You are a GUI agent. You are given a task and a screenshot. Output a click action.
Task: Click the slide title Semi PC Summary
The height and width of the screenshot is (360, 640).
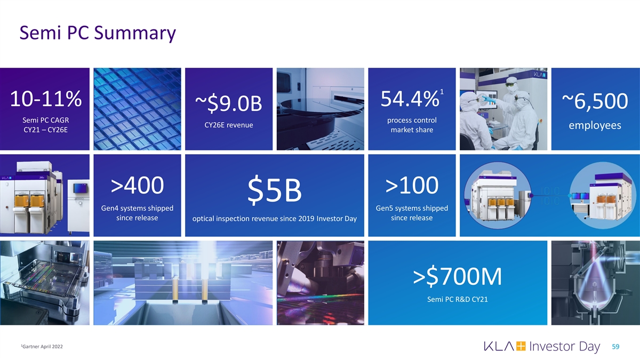point(98,34)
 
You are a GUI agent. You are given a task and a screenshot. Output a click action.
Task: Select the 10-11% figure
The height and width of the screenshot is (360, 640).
point(46,99)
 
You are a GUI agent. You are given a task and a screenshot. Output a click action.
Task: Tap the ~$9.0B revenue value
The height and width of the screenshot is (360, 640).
point(229,103)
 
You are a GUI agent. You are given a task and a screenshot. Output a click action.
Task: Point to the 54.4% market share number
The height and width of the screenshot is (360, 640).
point(410,99)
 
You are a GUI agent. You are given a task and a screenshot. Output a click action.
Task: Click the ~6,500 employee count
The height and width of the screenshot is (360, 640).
point(595,101)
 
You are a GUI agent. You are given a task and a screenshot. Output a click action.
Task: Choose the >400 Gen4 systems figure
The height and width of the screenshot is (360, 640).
point(137,185)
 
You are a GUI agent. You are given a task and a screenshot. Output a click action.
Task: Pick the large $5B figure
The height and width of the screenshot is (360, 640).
point(274,190)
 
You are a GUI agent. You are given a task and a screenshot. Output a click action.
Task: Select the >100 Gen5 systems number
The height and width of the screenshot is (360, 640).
point(412,185)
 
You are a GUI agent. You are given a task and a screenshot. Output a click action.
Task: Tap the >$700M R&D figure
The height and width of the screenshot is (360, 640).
point(458,276)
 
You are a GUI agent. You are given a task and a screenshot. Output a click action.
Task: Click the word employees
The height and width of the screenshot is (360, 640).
point(595,125)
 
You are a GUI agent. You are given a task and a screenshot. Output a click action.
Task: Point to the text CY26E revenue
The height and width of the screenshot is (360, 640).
point(229,125)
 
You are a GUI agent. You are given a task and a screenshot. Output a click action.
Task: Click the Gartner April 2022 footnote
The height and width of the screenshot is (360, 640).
point(42,347)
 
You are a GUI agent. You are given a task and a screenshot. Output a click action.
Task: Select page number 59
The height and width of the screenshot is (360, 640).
point(615,347)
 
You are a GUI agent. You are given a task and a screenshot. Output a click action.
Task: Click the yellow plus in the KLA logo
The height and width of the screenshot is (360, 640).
point(521,346)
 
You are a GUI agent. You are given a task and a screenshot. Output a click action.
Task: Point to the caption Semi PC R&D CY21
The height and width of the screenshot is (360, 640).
point(458,299)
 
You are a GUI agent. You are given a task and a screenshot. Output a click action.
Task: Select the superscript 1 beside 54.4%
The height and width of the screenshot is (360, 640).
point(442,92)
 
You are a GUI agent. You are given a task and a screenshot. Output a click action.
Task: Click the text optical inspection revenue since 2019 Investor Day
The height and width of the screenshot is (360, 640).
point(274,219)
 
